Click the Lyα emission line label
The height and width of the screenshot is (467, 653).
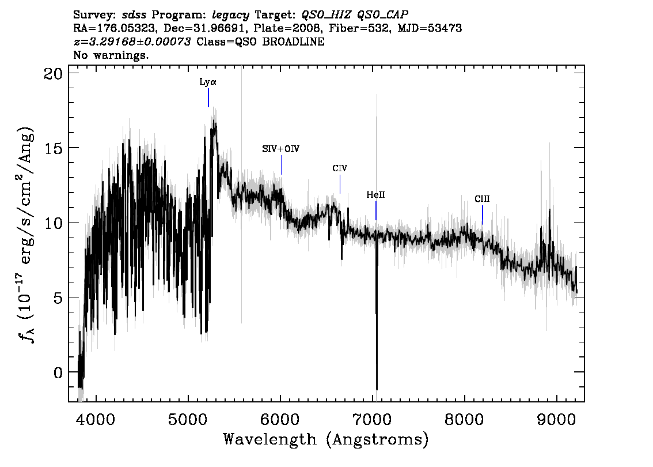pos(208,82)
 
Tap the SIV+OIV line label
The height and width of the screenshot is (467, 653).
pos(280,149)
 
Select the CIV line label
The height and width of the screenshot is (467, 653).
pos(340,168)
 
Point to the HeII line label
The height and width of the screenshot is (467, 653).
pos(375,195)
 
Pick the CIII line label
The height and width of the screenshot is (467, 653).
pos(482,199)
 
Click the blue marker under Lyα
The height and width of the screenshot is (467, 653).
pos(208,97)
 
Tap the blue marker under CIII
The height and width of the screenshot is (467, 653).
pos(483,215)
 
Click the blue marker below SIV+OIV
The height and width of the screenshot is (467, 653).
pos(281,165)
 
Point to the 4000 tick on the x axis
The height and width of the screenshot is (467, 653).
pos(96,419)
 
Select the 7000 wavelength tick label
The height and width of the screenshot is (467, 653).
pos(373,419)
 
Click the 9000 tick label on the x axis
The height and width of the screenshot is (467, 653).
pos(556,419)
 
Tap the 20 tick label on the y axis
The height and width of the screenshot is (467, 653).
pos(53,73)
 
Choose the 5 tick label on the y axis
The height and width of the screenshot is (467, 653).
pos(58,297)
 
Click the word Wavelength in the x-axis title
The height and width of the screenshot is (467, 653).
pos(270,439)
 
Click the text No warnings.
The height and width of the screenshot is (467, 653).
pos(111,55)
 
